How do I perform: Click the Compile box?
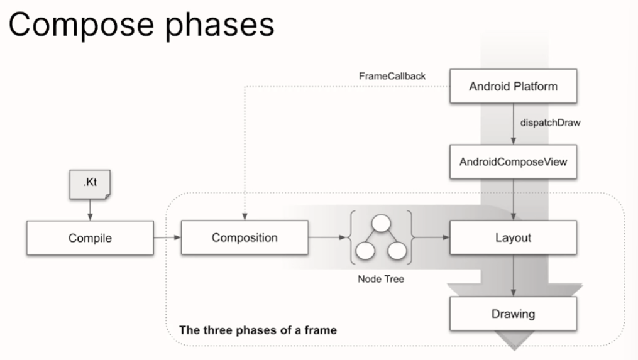90,237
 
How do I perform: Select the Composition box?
244,237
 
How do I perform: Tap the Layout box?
513,237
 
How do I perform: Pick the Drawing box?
513,314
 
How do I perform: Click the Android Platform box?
513,86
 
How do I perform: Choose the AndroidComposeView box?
513,161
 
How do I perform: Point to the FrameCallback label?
392,76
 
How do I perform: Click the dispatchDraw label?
550,123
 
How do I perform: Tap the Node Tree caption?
377,278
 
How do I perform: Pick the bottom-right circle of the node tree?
396,250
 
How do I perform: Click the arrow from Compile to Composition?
167,237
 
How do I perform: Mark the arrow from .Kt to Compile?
90,210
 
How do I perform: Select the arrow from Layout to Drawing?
514,276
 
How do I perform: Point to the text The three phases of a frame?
258,329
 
